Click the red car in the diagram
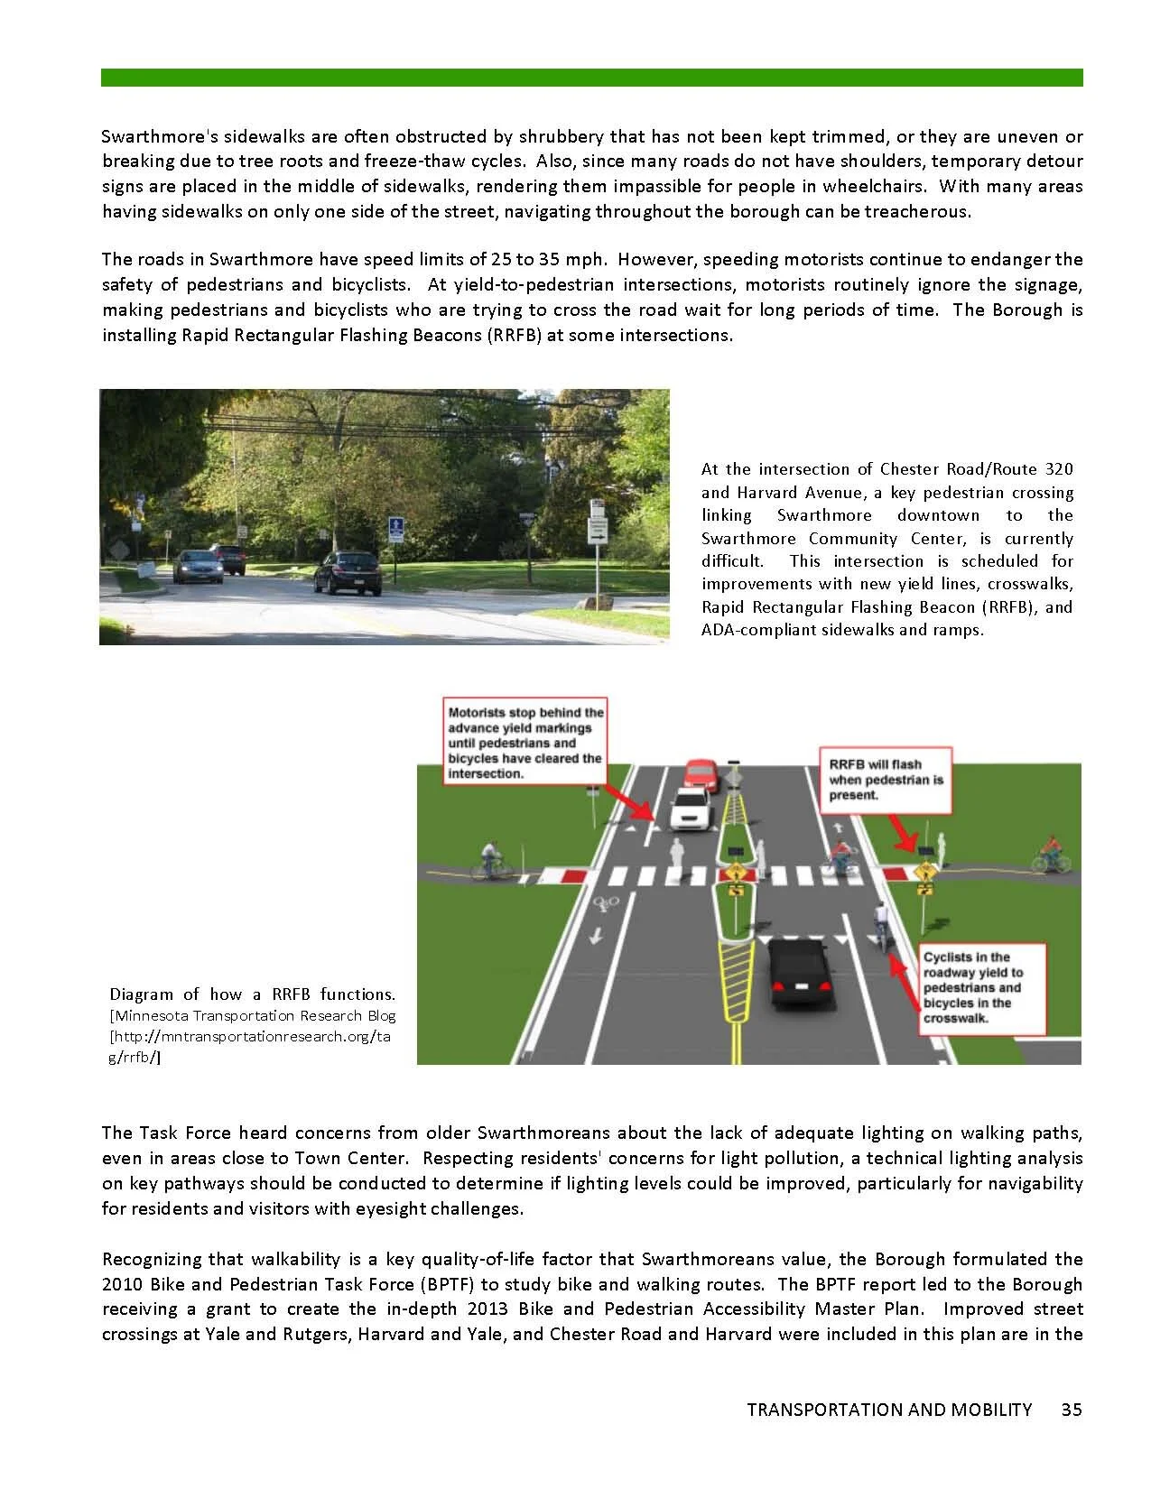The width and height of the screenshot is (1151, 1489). [701, 773]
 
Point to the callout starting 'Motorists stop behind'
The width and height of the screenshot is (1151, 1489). [525, 743]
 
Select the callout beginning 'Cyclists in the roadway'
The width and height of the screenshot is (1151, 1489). [982, 987]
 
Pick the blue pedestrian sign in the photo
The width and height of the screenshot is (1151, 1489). [394, 527]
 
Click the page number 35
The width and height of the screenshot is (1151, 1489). [1072, 1410]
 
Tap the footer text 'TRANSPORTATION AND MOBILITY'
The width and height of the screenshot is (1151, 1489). [889, 1410]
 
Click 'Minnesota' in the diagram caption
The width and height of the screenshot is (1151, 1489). [152, 1015]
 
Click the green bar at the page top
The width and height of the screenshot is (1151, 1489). [591, 78]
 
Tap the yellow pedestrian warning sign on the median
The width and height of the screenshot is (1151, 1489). [736, 873]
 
